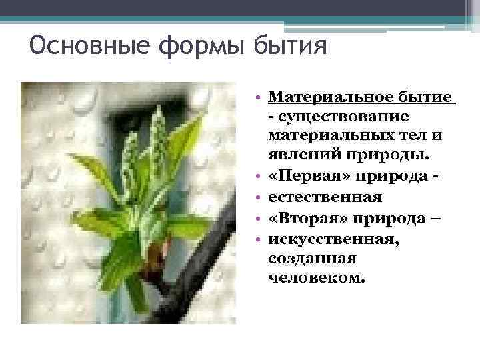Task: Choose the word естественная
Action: tap(325, 197)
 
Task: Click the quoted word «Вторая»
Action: tap(307, 218)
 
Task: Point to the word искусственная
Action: tap(329, 238)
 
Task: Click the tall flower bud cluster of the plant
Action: tap(157, 137)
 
